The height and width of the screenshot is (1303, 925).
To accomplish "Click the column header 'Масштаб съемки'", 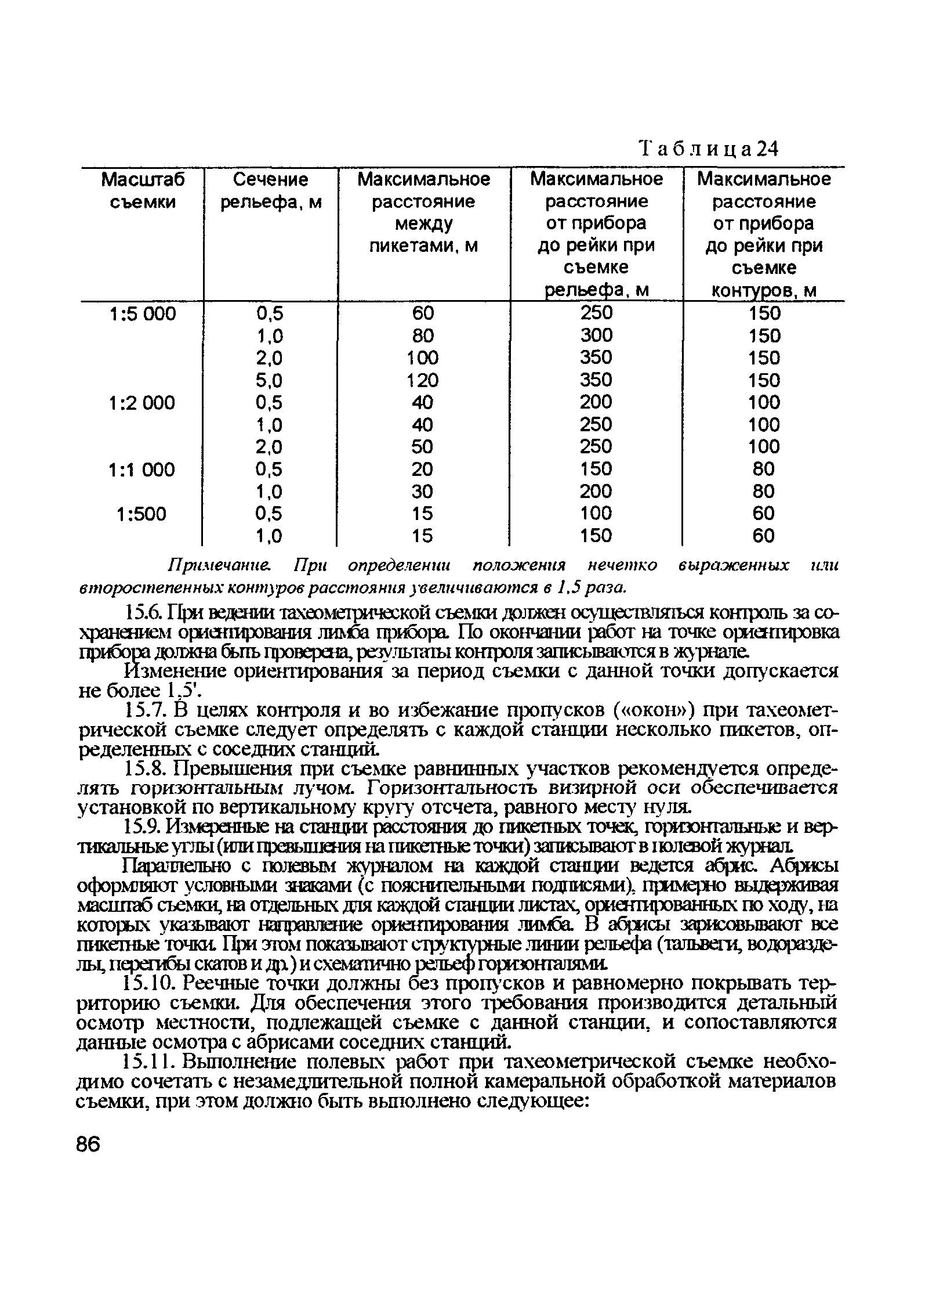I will point(143,191).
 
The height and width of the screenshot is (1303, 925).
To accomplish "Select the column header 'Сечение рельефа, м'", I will point(270,191).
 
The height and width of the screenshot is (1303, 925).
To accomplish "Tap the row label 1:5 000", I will point(143,314).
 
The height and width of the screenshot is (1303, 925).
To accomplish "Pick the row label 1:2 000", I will point(143,403).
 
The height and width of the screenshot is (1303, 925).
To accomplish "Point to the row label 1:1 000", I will point(143,469).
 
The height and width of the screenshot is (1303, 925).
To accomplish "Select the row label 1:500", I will point(142,514).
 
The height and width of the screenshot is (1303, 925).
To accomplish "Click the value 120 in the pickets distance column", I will point(423,381).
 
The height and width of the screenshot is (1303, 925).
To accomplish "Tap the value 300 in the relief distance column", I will point(596,335).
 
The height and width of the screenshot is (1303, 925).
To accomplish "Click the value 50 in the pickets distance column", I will point(423,447).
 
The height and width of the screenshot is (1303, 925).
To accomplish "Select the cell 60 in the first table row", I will point(423,314).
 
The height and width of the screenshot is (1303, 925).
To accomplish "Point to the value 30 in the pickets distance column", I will point(423,492).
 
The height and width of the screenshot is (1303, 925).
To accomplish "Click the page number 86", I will point(88,1145).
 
